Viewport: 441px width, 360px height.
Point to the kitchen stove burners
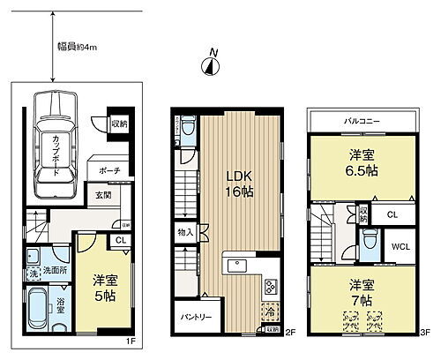(x=270, y=287)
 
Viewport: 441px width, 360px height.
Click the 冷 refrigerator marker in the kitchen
(x=268, y=312)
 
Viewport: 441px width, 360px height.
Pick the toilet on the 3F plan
(x=370, y=240)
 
